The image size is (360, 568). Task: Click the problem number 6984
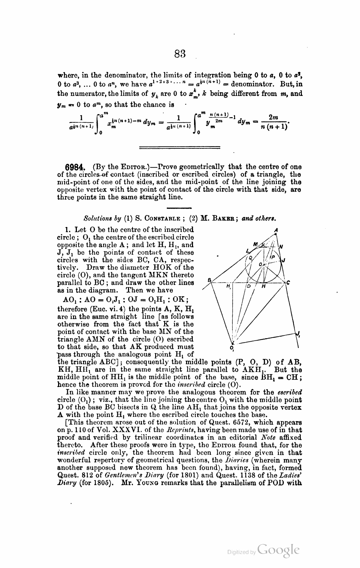tap(73, 167)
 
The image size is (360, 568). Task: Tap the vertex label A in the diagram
tap(275, 230)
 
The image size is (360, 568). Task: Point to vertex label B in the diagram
tap(209, 280)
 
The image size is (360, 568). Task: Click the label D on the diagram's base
tap(249, 286)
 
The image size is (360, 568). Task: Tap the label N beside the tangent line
tap(281, 247)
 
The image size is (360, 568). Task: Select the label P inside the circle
tap(273, 257)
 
